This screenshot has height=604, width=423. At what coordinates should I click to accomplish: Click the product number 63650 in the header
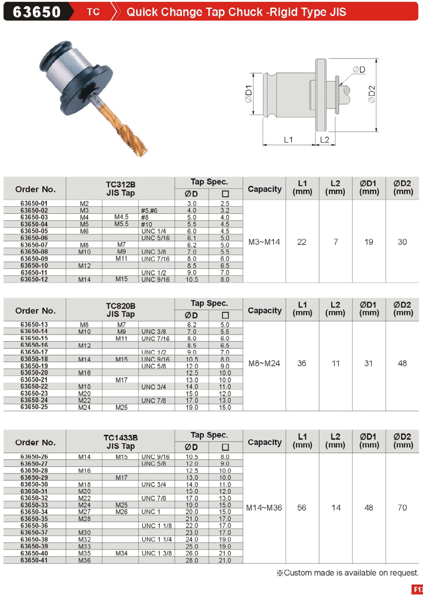tap(37, 12)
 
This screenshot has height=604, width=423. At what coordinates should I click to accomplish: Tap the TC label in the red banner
tap(93, 12)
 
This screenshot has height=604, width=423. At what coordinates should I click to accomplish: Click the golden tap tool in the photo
tap(121, 125)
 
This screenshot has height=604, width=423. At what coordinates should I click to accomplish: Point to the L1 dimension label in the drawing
tap(288, 140)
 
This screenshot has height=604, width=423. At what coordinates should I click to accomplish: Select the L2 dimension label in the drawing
tap(325, 140)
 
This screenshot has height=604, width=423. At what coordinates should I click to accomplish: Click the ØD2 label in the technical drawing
tap(372, 94)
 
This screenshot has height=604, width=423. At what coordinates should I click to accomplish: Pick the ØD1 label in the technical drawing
tap(248, 94)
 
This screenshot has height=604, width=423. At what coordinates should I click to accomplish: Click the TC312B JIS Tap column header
tap(120, 189)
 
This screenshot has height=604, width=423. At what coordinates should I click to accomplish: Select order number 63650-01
tap(34, 203)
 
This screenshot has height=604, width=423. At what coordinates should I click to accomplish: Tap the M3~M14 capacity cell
tap(264, 242)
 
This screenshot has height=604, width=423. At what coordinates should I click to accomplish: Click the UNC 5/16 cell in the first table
tap(155, 238)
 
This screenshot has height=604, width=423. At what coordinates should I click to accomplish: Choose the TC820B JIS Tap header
tap(120, 310)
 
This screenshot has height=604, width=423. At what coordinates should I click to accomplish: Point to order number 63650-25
tap(34, 407)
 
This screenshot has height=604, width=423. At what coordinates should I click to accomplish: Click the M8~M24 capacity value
tap(264, 363)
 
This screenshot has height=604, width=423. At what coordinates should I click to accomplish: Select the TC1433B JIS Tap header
tap(120, 442)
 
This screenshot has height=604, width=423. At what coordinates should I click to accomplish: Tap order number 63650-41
tap(34, 560)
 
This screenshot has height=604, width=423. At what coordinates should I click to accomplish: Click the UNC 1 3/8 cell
tap(156, 553)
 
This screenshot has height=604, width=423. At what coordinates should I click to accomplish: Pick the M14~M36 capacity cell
tap(264, 508)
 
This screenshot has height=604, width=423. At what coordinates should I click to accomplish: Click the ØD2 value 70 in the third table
tap(402, 508)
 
